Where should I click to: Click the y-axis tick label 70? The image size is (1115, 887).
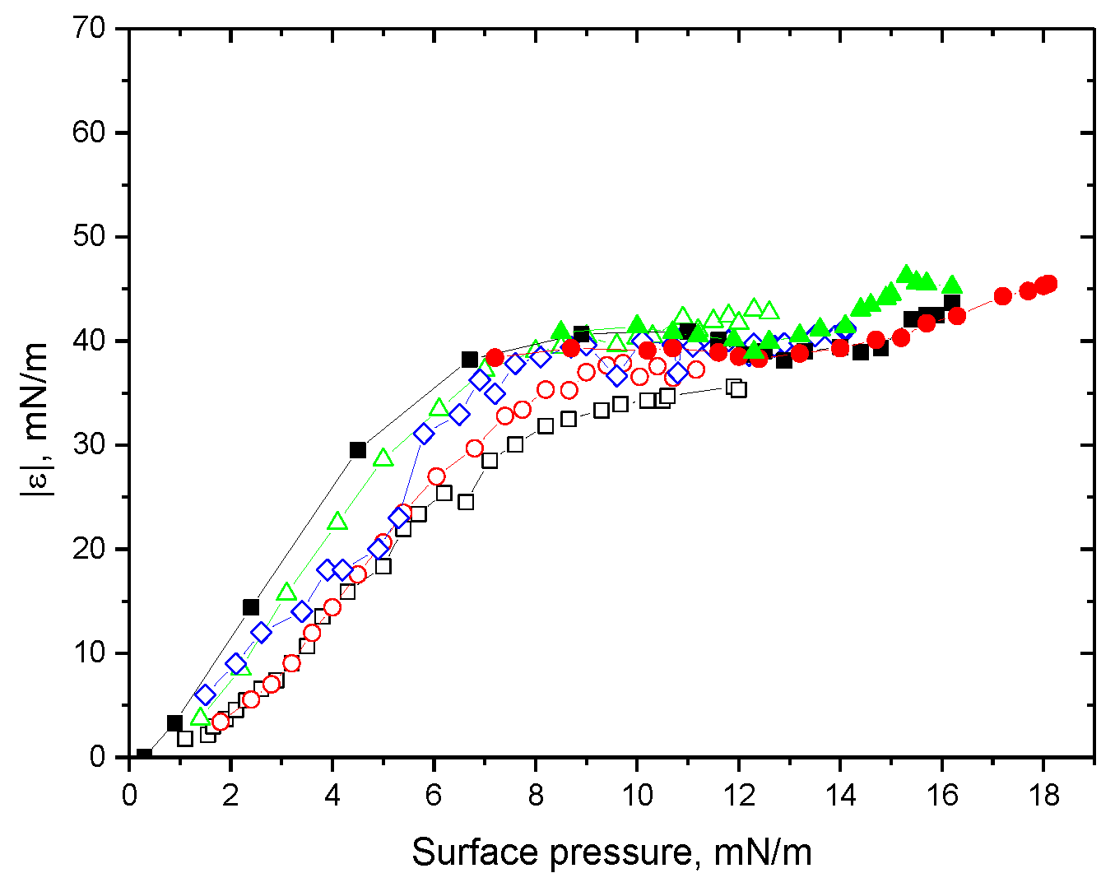[x=89, y=29]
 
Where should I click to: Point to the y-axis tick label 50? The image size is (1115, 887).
[x=89, y=237]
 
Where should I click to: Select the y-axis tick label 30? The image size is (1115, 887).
[x=89, y=445]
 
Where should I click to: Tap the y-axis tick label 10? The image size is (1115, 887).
[x=89, y=653]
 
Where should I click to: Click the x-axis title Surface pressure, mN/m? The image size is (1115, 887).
[x=611, y=852]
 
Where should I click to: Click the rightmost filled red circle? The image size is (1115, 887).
[x=1048, y=284]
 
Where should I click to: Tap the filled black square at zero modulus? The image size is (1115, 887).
[x=144, y=756]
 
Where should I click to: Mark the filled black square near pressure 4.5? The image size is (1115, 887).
[x=358, y=450]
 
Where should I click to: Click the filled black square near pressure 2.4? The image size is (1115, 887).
[x=251, y=607]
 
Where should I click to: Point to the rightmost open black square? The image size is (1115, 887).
[x=738, y=389]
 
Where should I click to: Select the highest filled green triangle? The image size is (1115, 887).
[x=907, y=274]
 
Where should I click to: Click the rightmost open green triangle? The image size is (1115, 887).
[x=769, y=310]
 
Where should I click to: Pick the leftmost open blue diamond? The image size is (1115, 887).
[x=205, y=695]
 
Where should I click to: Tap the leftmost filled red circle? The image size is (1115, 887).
[x=495, y=357]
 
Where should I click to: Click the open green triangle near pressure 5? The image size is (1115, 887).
[x=383, y=458]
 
